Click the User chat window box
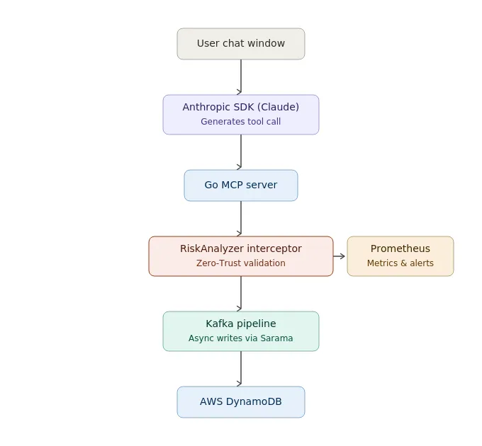(241, 44)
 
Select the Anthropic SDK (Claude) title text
(241, 107)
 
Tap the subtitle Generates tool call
(241, 122)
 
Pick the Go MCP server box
(241, 185)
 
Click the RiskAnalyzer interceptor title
(241, 248)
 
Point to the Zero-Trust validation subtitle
(241, 263)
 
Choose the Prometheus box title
(400, 248)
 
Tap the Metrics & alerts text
(400, 263)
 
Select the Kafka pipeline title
(241, 324)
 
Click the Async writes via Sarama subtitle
(241, 338)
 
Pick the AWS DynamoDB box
(241, 402)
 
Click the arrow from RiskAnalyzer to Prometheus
(339, 256)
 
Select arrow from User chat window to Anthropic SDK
(241, 76)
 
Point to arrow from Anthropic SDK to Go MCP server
(241, 152)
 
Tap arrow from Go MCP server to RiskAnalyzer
(241, 219)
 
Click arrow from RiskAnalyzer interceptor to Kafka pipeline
(241, 294)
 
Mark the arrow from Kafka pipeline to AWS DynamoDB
(241, 369)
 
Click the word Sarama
(276, 338)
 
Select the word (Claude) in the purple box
(278, 107)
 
